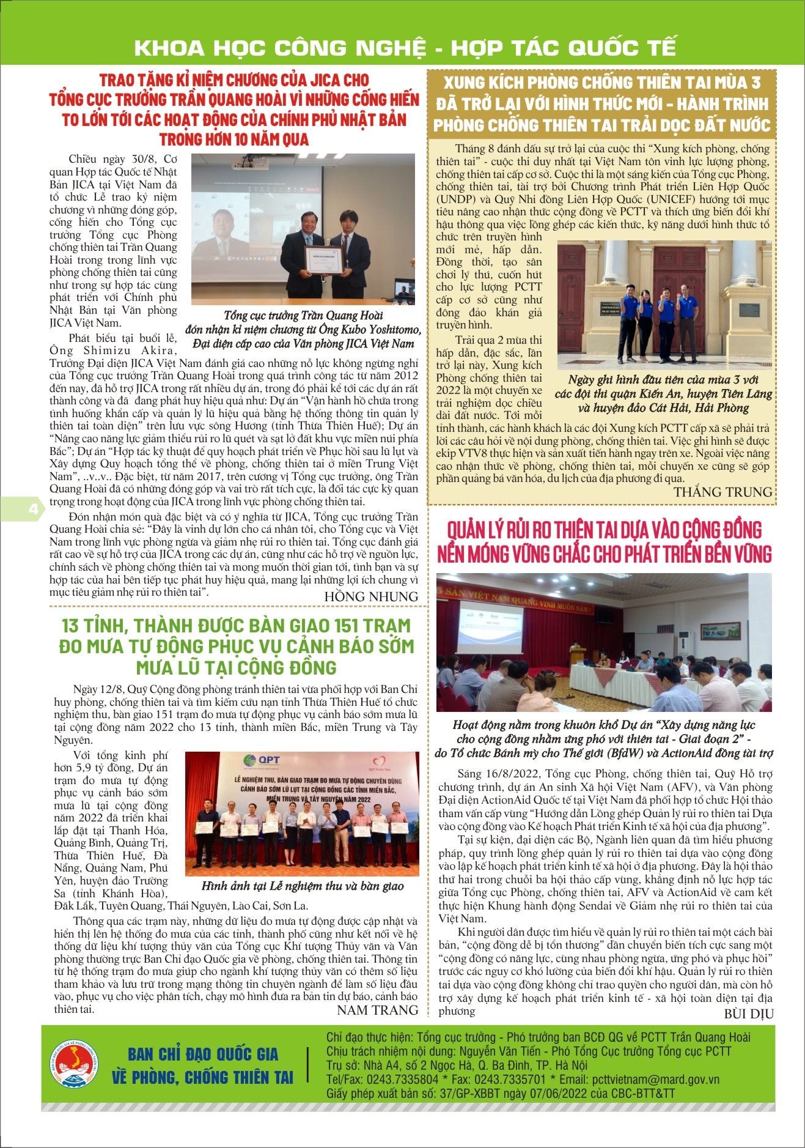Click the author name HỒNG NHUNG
(371, 596)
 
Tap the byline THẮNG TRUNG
(722, 492)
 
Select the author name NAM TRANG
(377, 1010)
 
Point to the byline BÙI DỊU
(749, 1013)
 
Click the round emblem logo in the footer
(74, 1065)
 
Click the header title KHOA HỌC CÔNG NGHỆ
(279, 48)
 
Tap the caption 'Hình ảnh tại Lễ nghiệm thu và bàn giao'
(303, 886)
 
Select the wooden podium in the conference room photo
(578, 659)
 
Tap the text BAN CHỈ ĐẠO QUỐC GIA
(203, 1054)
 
